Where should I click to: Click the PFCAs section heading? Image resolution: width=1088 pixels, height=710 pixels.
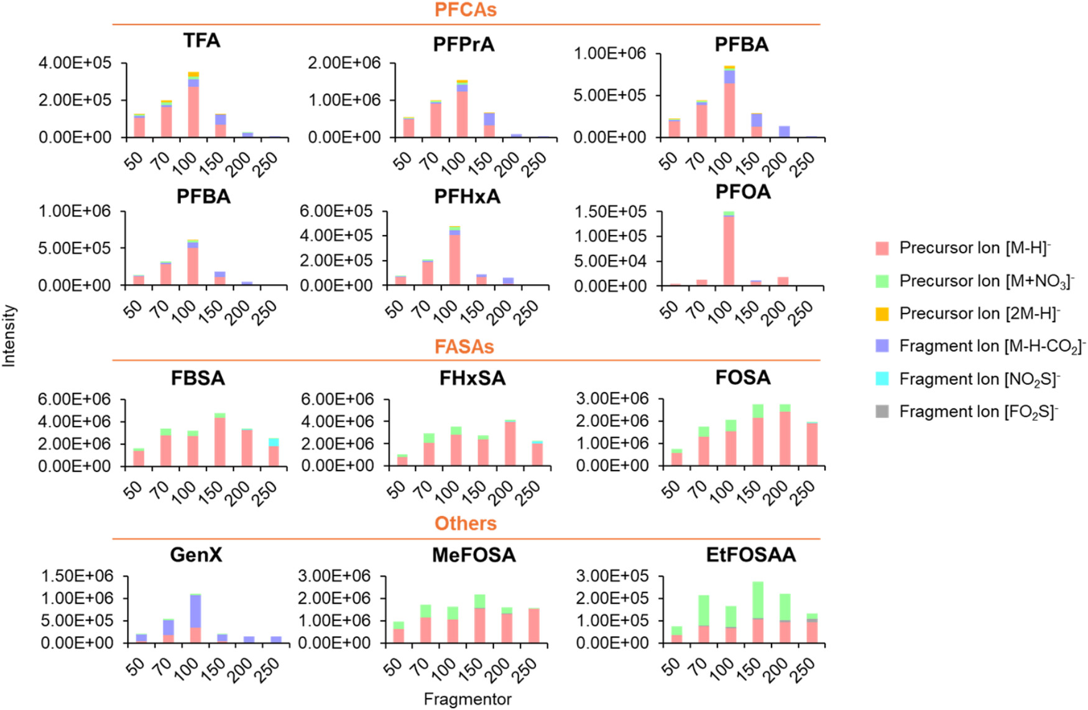click(x=466, y=10)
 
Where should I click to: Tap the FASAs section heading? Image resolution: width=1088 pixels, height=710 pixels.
click(x=464, y=346)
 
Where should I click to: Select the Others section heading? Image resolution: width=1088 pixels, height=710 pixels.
click(x=466, y=523)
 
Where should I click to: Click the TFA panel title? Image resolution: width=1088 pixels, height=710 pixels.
click(x=201, y=41)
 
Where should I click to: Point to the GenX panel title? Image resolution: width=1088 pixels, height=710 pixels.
click(x=196, y=555)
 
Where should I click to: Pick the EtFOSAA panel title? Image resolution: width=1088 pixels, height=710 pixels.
click(x=750, y=555)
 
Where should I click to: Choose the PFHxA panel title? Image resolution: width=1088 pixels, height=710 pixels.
click(x=467, y=196)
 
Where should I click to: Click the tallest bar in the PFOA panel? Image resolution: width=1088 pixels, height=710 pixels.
click(x=728, y=249)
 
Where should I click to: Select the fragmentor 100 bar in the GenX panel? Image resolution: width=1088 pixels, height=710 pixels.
click(x=195, y=619)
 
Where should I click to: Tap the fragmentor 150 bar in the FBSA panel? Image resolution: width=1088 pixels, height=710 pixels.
click(x=220, y=440)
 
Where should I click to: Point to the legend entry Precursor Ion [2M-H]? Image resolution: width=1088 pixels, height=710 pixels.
click(x=979, y=313)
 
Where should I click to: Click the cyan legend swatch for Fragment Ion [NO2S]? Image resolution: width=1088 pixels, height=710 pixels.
click(x=882, y=379)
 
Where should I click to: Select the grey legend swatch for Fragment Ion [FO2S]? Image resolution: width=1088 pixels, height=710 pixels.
click(x=882, y=412)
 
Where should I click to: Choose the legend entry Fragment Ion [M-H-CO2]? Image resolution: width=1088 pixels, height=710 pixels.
click(x=992, y=346)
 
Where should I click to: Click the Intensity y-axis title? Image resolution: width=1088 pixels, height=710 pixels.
click(x=9, y=336)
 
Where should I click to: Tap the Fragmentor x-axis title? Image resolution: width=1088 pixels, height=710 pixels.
click(x=468, y=699)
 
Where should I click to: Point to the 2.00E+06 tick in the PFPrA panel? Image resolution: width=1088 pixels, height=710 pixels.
click(x=344, y=63)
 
